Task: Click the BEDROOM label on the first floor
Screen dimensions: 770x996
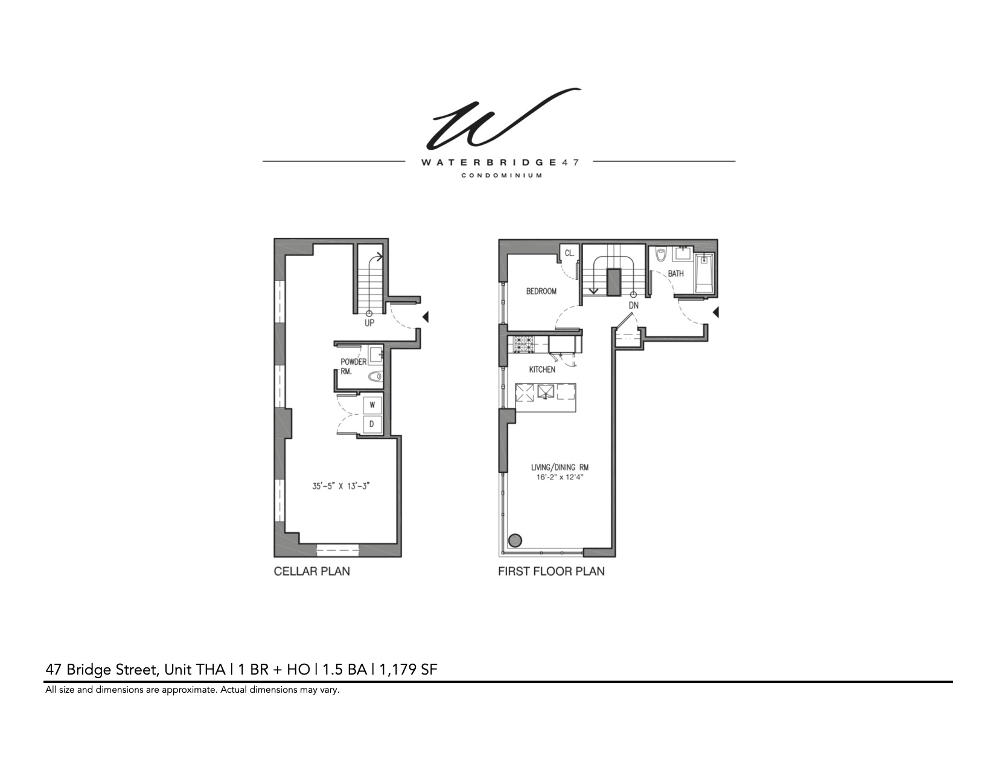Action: click(541, 291)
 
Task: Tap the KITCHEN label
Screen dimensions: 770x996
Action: click(542, 369)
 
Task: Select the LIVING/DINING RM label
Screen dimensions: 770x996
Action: click(560, 467)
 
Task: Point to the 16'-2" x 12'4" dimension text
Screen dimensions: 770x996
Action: click(560, 477)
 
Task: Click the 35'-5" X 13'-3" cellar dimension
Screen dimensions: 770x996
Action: click(340, 485)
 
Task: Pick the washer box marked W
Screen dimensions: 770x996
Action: click(372, 405)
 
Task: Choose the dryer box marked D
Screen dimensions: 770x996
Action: click(372, 424)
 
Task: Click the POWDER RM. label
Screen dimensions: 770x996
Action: click(353, 366)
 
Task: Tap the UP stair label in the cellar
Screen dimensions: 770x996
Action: click(369, 322)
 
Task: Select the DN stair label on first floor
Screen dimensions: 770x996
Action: click(633, 305)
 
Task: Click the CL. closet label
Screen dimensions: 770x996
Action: click(569, 253)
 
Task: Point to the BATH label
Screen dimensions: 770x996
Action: click(675, 274)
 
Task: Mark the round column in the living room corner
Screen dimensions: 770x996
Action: click(515, 541)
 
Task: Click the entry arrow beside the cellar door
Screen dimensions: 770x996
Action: click(426, 316)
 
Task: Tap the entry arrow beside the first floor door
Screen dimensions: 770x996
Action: click(716, 312)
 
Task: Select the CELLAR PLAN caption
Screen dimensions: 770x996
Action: click(311, 571)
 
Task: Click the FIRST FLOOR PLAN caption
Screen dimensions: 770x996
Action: click(551, 571)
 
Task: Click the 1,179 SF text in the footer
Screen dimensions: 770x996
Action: click(409, 669)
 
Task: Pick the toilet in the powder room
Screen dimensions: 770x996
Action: click(375, 376)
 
